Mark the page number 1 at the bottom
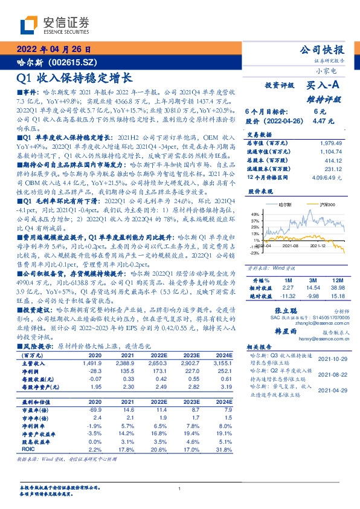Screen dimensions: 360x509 point(179,488)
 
